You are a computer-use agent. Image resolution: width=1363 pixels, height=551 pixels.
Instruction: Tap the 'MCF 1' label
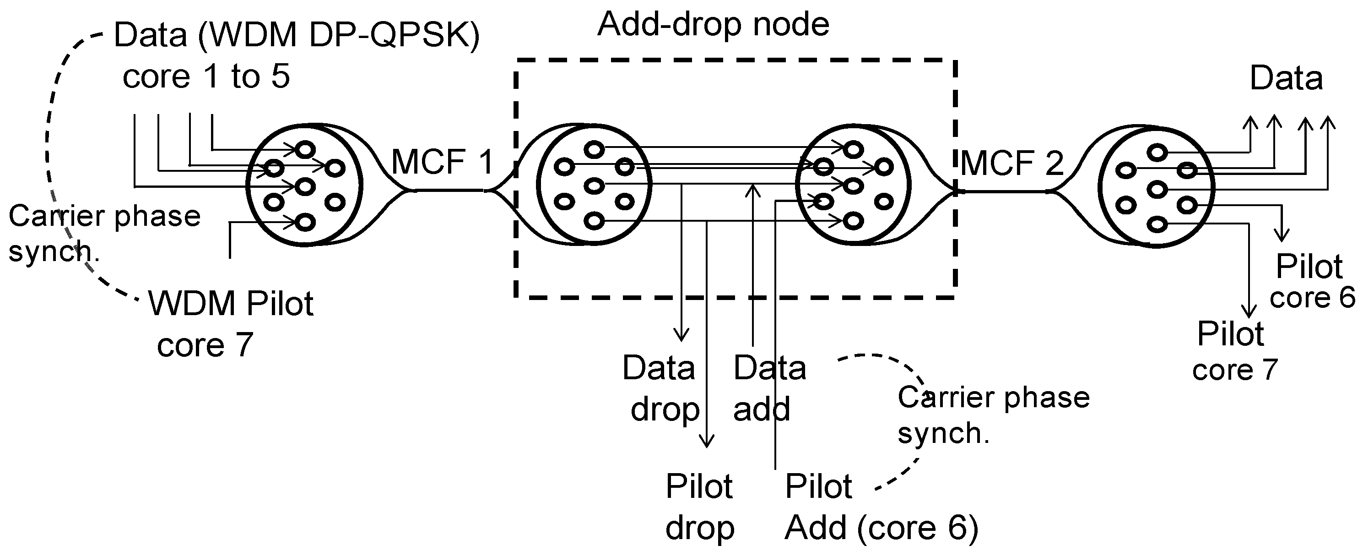(x=442, y=162)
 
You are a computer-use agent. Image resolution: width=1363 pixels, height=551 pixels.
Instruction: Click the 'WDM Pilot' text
(x=231, y=304)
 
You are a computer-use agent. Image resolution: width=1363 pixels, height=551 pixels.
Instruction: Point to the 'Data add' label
(x=768, y=388)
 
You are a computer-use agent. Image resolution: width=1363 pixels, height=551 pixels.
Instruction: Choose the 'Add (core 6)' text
(x=882, y=528)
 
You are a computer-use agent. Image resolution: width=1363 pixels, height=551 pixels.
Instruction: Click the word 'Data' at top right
(x=1286, y=78)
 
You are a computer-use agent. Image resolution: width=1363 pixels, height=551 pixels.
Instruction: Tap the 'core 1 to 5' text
(x=206, y=77)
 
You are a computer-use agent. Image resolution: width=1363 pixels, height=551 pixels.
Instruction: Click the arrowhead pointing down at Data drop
(x=681, y=334)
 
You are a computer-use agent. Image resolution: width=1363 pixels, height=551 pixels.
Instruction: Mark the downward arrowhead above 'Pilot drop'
(x=707, y=440)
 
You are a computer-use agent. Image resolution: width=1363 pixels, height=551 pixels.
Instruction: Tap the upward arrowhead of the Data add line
(x=752, y=190)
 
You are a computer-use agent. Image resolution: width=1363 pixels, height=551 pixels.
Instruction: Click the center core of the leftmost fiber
(x=305, y=186)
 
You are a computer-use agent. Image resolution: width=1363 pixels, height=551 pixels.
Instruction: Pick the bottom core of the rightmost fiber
(x=1157, y=224)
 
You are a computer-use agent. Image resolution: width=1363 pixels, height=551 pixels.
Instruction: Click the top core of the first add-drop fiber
(x=594, y=150)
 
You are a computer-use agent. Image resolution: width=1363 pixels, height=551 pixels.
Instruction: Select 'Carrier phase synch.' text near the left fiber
(x=104, y=233)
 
